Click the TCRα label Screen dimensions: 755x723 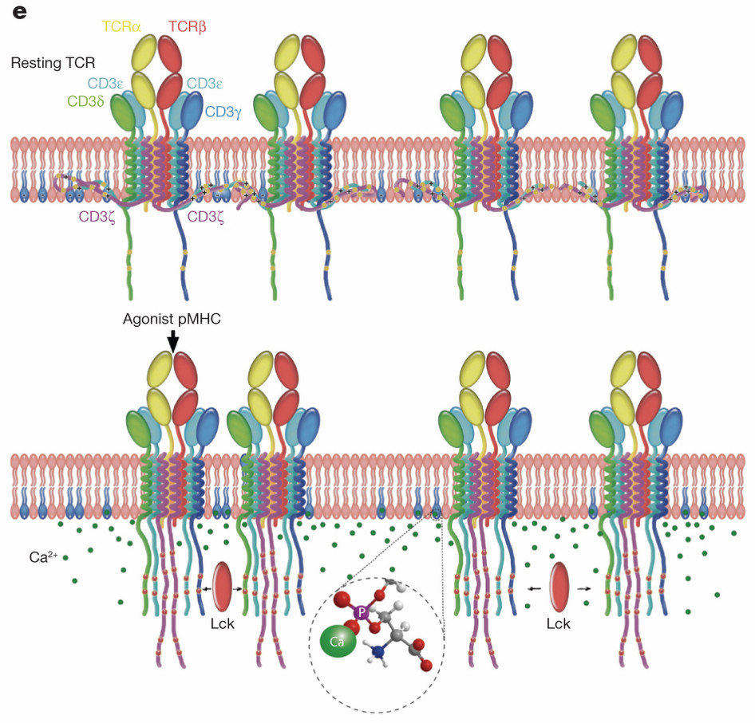[121, 26]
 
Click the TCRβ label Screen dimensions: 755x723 [188, 26]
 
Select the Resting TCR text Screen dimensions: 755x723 [53, 62]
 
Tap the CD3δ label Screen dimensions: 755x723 [85, 101]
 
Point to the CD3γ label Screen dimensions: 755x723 [223, 112]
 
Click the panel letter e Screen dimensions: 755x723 [19, 12]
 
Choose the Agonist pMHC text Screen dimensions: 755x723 [172, 319]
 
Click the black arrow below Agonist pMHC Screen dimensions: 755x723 [173, 343]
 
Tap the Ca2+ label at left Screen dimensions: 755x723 [43, 557]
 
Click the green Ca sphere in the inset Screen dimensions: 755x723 [338, 642]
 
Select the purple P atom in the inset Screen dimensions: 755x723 [361, 613]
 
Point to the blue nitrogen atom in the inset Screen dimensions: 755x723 [379, 652]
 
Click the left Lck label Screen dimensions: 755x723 [223, 624]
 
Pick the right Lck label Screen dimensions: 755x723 [559, 624]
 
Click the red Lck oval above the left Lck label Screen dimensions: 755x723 [222, 587]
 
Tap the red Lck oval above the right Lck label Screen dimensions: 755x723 [559, 587]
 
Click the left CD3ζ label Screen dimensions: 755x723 [97, 217]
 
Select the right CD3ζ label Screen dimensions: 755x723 [206, 217]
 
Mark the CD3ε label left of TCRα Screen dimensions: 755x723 [105, 83]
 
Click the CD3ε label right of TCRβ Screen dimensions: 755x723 [204, 83]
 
